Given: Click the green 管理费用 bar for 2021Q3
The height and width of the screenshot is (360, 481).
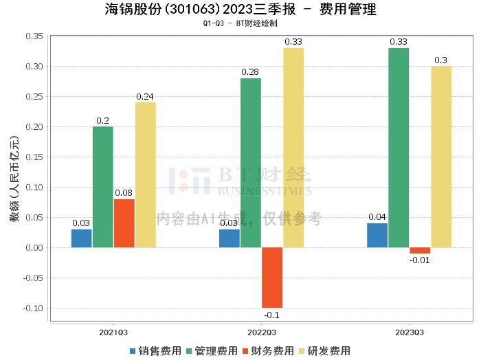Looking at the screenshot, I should pos(103,187).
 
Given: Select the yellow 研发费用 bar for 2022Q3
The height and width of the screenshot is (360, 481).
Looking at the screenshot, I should pos(293,148).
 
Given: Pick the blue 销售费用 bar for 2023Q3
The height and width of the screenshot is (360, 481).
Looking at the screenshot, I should pos(377,235).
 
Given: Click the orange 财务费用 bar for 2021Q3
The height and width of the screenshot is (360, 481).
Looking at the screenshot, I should pos(124,223).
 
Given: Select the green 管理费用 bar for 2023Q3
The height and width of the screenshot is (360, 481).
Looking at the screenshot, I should pos(399,148).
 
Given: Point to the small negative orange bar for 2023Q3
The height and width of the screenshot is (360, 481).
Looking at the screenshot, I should pos(420,250).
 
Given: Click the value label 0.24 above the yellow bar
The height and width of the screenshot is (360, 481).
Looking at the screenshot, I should pos(145,97).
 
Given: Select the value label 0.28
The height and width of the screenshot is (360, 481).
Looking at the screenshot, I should pos(251,72).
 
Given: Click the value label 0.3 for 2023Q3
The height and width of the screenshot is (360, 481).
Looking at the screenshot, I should pos(441,60).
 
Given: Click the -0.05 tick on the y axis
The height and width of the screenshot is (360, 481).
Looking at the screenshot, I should pos(33,278).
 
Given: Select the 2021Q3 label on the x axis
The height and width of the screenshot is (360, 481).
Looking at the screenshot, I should pos(113,332).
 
